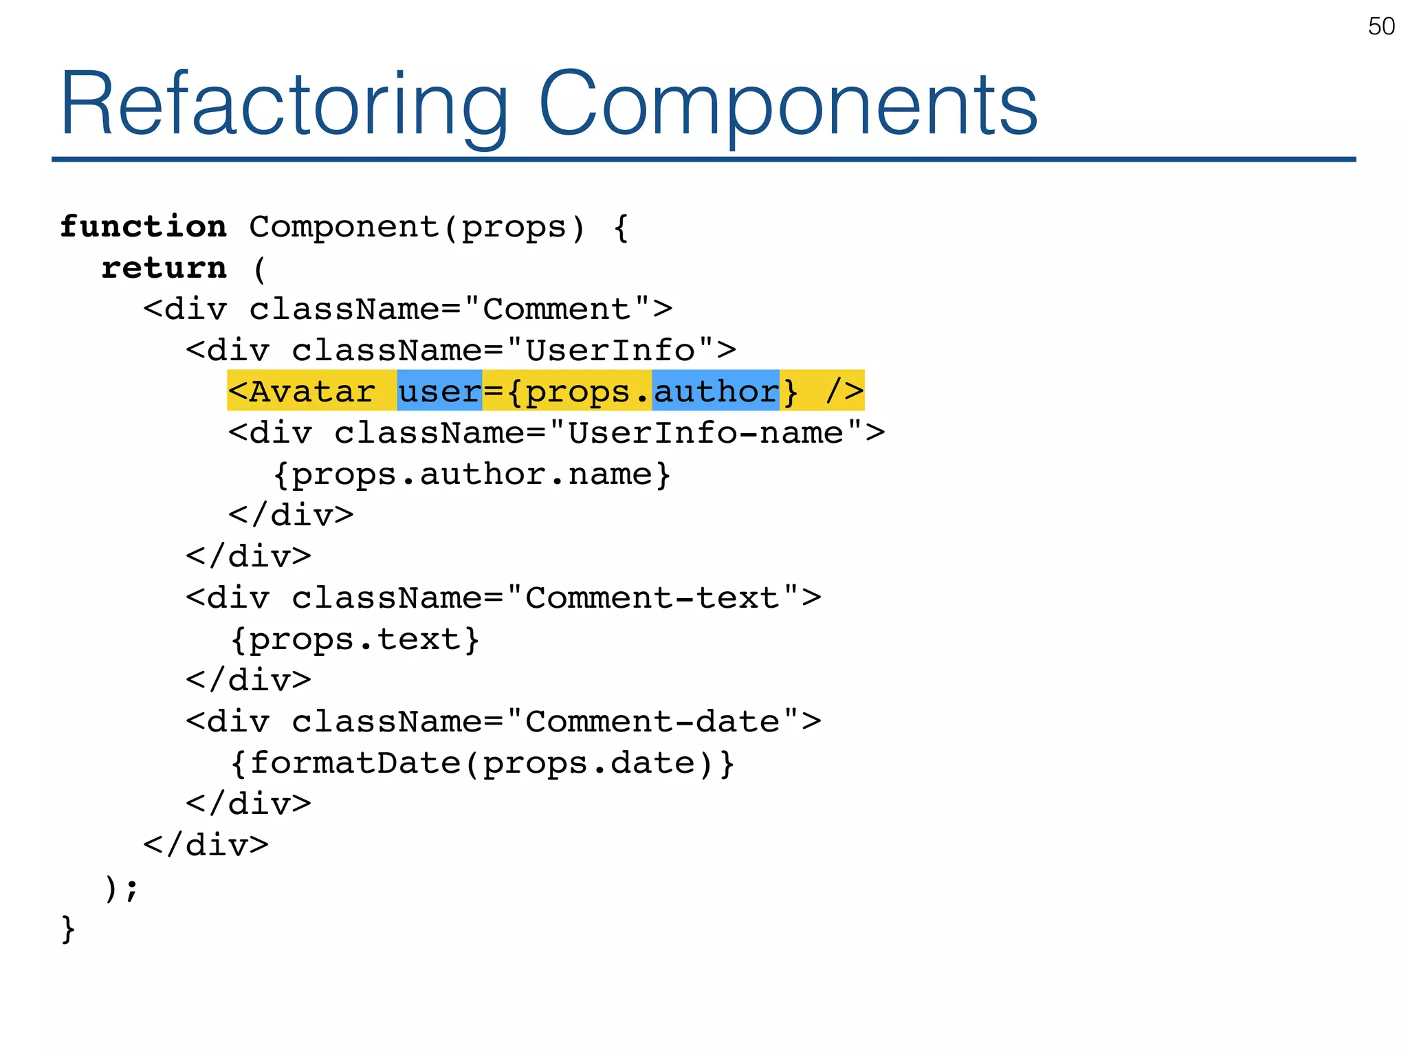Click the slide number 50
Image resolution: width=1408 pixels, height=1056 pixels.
1380,27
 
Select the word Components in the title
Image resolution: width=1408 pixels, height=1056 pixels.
788,104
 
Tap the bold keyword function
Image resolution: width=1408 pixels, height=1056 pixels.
143,227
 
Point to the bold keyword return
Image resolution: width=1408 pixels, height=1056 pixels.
164,268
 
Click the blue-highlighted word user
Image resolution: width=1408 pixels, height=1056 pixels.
439,391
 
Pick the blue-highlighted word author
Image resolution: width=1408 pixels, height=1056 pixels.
715,391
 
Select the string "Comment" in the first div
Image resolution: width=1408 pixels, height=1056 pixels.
556,309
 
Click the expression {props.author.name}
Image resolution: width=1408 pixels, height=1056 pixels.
472,474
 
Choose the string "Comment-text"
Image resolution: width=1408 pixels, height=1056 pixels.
652,598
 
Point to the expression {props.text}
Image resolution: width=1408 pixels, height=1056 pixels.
355,639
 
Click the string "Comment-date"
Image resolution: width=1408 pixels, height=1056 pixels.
652,722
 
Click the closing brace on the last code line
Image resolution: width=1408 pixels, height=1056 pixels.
67,928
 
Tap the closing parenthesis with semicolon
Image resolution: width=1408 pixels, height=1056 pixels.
121,887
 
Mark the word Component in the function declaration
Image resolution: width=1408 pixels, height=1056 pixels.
344,227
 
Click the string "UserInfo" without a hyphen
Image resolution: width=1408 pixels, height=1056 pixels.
610,351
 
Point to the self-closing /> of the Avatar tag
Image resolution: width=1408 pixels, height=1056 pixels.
844,391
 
